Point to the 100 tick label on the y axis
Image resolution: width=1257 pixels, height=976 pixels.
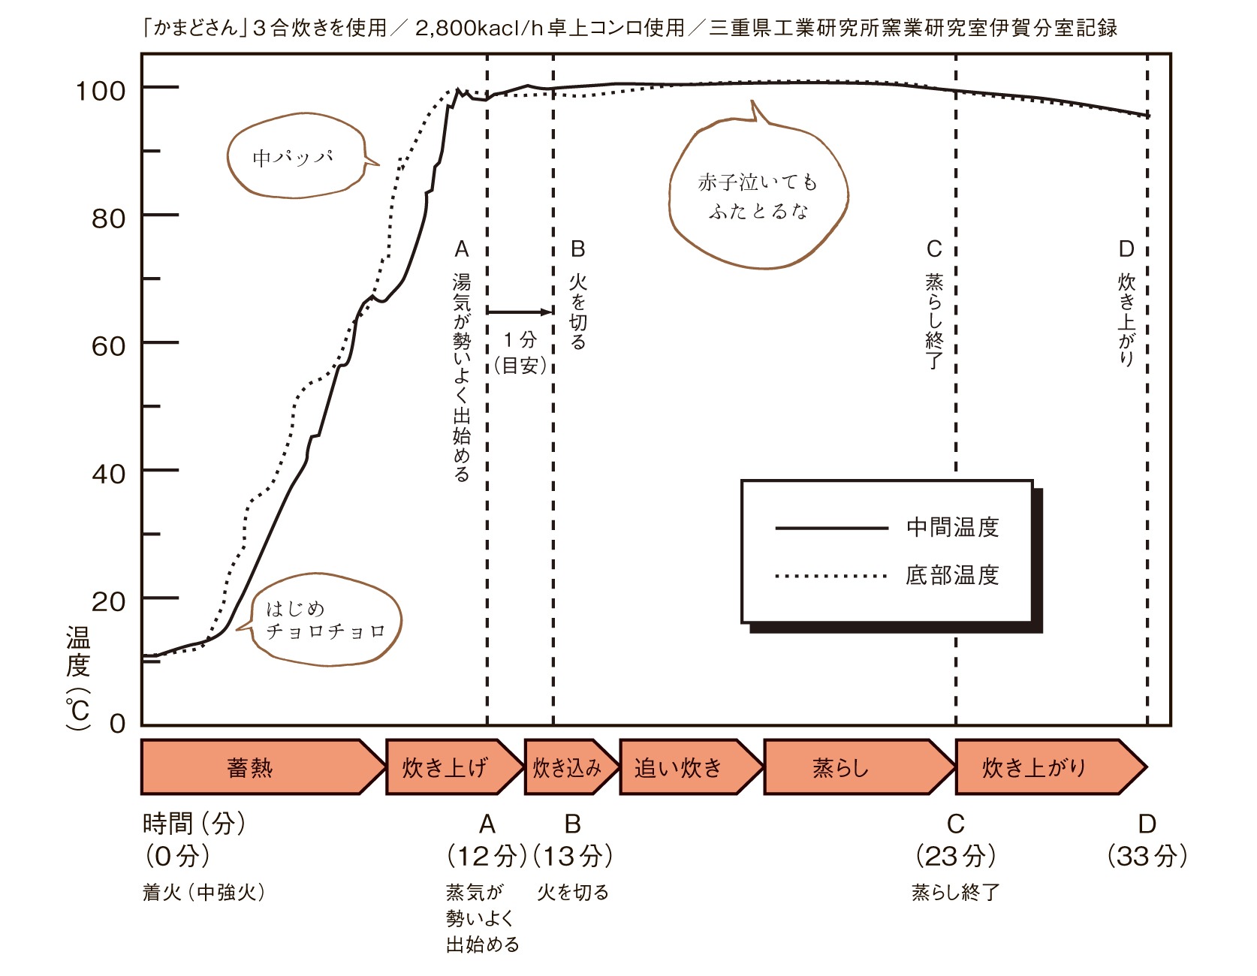click(x=100, y=91)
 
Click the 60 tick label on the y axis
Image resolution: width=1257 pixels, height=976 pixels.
click(x=108, y=346)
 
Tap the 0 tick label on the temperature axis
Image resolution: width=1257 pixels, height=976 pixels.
click(x=117, y=723)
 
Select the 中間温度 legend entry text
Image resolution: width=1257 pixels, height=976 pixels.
click(x=952, y=527)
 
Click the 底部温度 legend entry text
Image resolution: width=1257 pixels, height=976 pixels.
click(x=952, y=575)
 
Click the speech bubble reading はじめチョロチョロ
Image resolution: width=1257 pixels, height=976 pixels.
click(x=323, y=620)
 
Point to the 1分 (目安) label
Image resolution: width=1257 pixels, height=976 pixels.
click(x=520, y=352)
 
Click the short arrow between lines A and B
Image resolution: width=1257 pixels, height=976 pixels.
click(x=520, y=311)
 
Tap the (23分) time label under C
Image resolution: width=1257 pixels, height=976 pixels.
click(x=956, y=856)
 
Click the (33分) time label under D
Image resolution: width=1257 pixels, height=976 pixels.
click(x=1147, y=856)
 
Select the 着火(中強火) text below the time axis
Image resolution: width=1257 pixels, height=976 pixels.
click(x=203, y=892)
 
